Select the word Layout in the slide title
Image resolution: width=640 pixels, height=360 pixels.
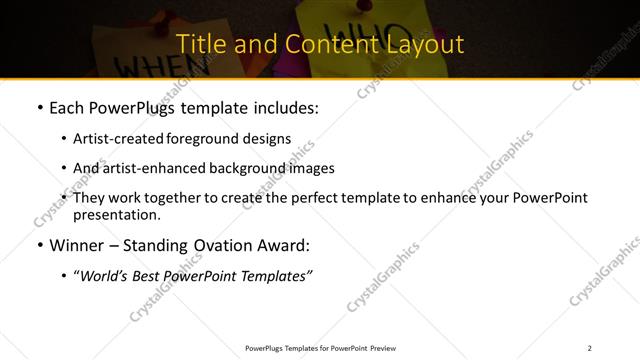pos(423,44)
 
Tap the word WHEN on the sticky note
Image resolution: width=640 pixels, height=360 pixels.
pos(147,65)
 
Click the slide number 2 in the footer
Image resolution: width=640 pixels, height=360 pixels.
pos(589,348)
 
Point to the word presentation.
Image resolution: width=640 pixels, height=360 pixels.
pos(116,215)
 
